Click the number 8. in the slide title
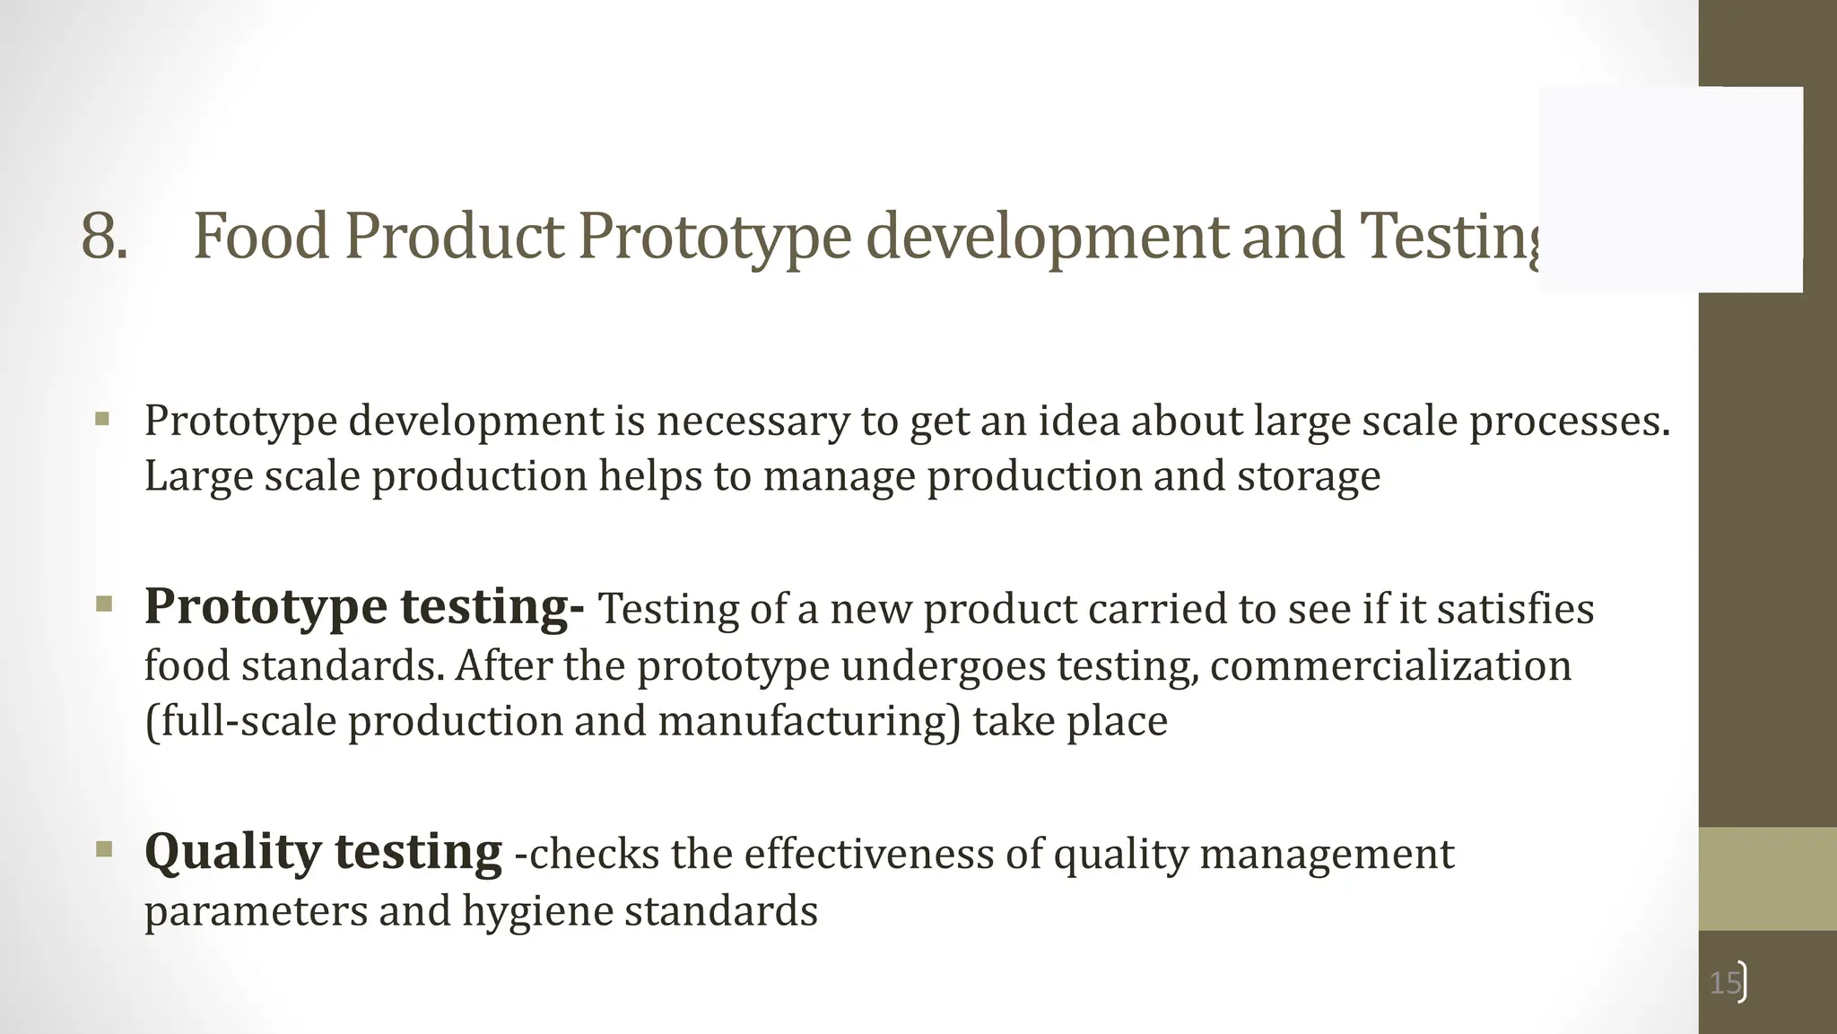click(103, 237)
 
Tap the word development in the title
click(1046, 237)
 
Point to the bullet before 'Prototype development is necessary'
click(102, 419)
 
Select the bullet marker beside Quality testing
click(103, 847)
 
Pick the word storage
click(1309, 476)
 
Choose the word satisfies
click(1515, 609)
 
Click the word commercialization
click(1390, 665)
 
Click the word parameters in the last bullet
click(256, 911)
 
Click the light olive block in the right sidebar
click(1767, 878)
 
